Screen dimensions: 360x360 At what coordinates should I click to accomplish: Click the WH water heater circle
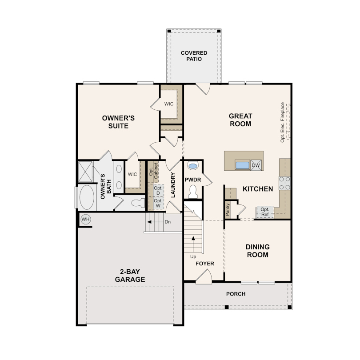pos(86,219)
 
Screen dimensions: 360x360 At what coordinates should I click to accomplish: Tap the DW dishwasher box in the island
pos(256,165)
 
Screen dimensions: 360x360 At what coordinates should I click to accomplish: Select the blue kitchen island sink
pos(243,165)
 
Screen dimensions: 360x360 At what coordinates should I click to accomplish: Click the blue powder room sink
pos(192,165)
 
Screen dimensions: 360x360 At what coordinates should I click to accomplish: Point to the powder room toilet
pos(193,192)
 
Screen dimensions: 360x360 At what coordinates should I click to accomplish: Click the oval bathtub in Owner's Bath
pos(87,197)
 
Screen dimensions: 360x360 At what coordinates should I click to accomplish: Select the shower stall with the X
pos(85,172)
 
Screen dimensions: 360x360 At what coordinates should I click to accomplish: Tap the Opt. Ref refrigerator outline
pos(265,212)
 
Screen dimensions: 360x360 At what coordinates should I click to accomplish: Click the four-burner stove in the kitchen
pos(285,183)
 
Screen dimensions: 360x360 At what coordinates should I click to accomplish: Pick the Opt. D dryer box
pos(158,190)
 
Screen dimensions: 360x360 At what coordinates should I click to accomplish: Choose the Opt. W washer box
pos(158,203)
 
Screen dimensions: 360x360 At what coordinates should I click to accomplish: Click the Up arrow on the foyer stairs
pos(193,244)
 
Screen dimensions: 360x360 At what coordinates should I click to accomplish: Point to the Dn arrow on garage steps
pos(155,222)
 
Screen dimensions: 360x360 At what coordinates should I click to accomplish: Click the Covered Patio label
pos(194,56)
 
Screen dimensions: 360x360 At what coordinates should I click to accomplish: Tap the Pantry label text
pos(228,209)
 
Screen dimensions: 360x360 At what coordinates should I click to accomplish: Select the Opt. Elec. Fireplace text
pos(282,122)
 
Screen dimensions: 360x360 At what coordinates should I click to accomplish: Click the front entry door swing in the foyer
pos(204,276)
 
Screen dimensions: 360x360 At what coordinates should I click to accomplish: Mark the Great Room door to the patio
pos(203,88)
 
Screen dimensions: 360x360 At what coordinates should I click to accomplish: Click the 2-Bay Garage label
pos(130,276)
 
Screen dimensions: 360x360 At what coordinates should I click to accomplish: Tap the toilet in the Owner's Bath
pos(138,203)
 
